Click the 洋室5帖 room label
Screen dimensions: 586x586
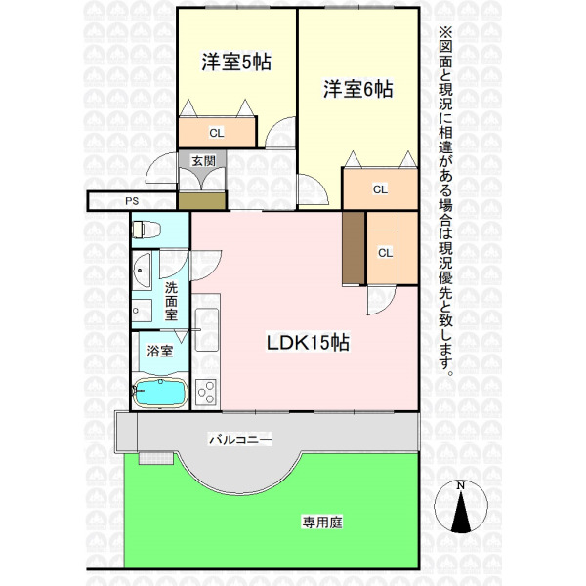pyautogui.click(x=236, y=63)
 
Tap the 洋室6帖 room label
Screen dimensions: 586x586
pyautogui.click(x=358, y=89)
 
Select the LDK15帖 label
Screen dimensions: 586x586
pyautogui.click(x=308, y=342)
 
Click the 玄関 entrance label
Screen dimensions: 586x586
pyautogui.click(x=204, y=161)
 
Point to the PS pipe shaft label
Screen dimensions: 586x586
pyautogui.click(x=132, y=201)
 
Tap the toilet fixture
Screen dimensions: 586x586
pyautogui.click(x=146, y=230)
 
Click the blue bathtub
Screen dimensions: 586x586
pyautogui.click(x=161, y=393)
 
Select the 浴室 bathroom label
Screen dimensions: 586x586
pyautogui.click(x=159, y=351)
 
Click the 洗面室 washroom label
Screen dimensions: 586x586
pyautogui.click(x=171, y=301)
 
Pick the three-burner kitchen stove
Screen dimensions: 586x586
pyautogui.click(x=206, y=392)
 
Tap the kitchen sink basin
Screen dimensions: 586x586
pyautogui.click(x=207, y=329)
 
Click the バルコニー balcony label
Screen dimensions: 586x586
pyautogui.click(x=240, y=439)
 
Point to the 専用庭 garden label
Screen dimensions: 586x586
pyautogui.click(x=322, y=523)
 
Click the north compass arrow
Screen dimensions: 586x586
pyautogui.click(x=461, y=512)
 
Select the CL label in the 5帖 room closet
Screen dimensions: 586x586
pyautogui.click(x=217, y=133)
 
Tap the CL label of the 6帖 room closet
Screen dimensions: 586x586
pyautogui.click(x=380, y=189)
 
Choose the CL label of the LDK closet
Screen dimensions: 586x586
pyautogui.click(x=386, y=253)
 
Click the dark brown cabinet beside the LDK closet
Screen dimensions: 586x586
pyautogui.click(x=354, y=248)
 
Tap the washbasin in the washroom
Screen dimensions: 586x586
pyautogui.click(x=142, y=270)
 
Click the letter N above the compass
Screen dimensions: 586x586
pyautogui.click(x=461, y=486)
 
